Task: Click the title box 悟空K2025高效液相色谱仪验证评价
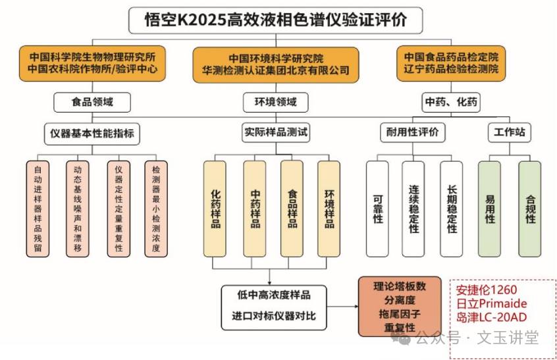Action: (276, 19)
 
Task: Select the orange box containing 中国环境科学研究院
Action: (276, 64)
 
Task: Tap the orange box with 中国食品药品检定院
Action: (451, 63)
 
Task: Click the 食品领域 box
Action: (92, 102)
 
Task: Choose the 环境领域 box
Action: (270, 102)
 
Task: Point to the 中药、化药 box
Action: (451, 102)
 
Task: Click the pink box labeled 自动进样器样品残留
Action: (38, 209)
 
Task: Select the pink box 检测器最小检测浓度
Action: (156, 209)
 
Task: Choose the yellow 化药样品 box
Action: (215, 209)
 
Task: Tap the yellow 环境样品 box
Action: (329, 209)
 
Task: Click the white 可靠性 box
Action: (377, 209)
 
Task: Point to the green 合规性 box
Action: (530, 209)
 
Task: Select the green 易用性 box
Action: (490, 209)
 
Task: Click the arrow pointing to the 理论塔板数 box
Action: (345, 307)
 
